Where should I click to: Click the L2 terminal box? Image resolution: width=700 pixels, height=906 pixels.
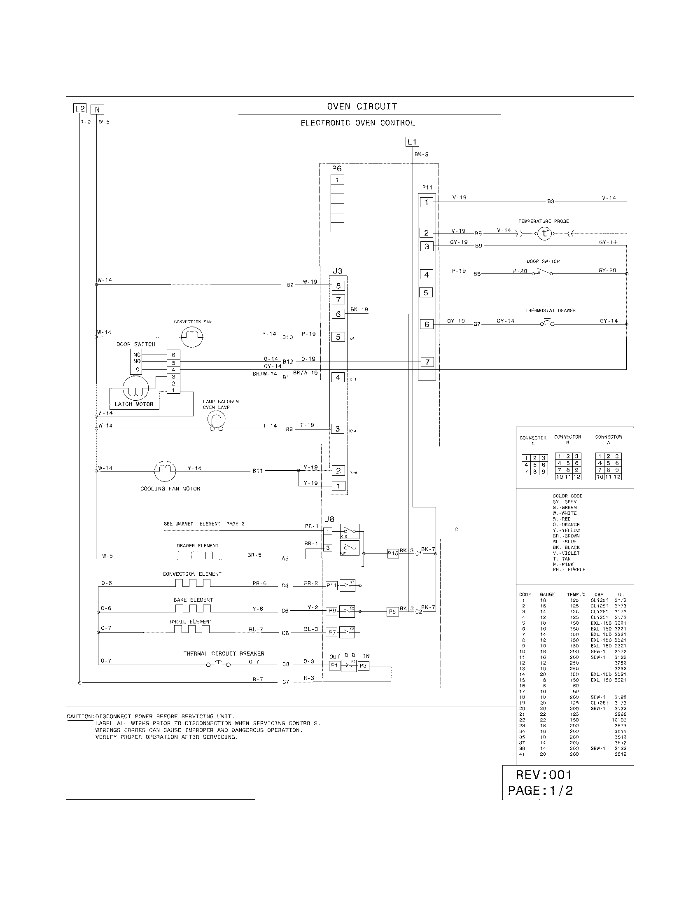click(x=79, y=109)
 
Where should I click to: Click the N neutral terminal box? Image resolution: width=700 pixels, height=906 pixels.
click(x=97, y=110)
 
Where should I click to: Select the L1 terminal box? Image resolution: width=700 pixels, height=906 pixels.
click(x=412, y=142)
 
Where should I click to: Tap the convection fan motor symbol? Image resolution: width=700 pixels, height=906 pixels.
click(x=192, y=336)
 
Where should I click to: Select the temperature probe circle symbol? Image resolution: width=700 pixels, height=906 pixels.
click(x=544, y=234)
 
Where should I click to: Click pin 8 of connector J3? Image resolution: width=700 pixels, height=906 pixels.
click(x=338, y=285)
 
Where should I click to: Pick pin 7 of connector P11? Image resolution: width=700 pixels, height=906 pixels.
click(x=427, y=362)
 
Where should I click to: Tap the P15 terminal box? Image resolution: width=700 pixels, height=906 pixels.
click(x=393, y=553)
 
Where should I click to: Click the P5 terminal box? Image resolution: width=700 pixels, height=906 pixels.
click(x=392, y=612)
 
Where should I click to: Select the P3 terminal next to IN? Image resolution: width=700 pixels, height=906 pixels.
click(x=363, y=666)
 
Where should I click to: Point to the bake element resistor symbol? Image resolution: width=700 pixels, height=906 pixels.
click(x=193, y=609)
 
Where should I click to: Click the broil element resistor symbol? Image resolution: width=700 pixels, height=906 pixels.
click(x=191, y=629)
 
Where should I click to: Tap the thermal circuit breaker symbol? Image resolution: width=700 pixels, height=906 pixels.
click(x=219, y=664)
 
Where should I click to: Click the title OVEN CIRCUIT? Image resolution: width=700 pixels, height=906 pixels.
click(x=362, y=107)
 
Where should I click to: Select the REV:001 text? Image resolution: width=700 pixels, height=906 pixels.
click(x=544, y=775)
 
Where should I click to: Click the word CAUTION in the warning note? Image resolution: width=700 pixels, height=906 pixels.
click(x=80, y=717)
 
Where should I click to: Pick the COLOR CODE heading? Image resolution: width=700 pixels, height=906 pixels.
click(x=567, y=496)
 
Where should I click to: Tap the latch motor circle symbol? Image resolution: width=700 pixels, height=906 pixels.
click(x=135, y=388)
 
